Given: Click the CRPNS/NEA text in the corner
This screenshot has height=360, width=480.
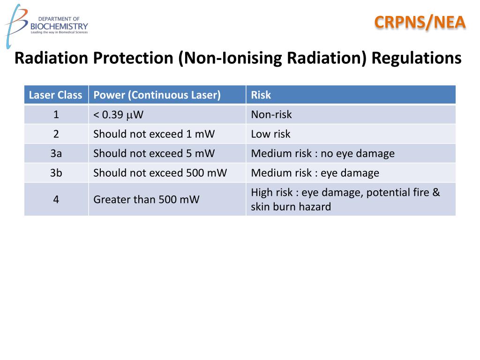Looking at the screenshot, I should coord(420,22).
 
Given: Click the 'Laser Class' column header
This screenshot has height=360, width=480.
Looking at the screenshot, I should coord(56,95).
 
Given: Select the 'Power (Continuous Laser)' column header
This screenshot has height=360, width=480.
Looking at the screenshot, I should coord(157,95).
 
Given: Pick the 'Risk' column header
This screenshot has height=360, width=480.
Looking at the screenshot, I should coord(261,95).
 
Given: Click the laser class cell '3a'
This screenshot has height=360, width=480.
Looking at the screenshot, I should coord(56,153).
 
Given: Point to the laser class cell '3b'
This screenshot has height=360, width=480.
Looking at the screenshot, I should coord(56,172).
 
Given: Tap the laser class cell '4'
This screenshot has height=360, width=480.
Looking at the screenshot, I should coord(56,199).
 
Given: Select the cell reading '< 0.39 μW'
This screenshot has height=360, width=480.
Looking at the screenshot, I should coord(118,114).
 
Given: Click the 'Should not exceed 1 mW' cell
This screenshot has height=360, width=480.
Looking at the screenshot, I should coord(154,134).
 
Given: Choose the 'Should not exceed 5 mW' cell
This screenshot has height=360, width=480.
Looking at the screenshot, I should coord(154,153).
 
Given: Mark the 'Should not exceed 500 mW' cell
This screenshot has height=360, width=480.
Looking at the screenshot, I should coord(160,172).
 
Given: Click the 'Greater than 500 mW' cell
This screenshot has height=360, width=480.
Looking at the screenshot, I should coord(146,199).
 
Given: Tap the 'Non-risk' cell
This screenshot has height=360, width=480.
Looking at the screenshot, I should coord(271,114).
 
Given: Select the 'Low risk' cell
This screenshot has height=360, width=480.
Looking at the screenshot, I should coord(270,134).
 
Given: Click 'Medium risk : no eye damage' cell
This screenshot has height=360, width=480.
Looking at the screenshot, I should coord(322,153).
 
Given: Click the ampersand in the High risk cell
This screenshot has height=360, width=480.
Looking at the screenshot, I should coord(436,192).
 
